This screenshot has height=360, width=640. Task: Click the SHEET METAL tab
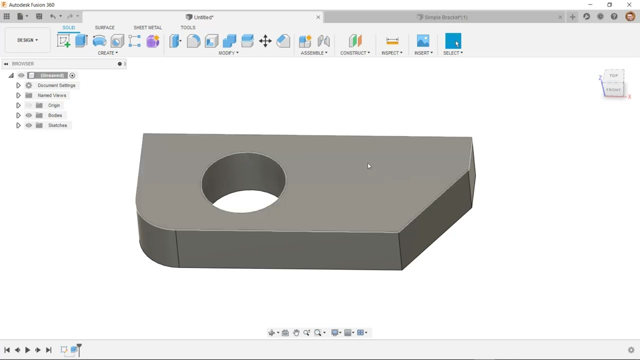click(x=147, y=27)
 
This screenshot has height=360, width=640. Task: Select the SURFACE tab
click(x=104, y=27)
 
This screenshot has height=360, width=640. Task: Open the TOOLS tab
click(x=187, y=27)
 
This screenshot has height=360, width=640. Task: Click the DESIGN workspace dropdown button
click(x=27, y=40)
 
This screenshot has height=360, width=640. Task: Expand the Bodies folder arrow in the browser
click(x=18, y=115)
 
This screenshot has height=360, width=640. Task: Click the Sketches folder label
click(x=57, y=125)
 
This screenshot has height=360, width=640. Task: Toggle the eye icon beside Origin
click(x=28, y=105)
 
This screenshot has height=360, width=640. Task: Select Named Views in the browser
click(x=51, y=95)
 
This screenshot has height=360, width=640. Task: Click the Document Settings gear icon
click(x=28, y=85)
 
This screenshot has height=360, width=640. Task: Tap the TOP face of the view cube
click(x=613, y=76)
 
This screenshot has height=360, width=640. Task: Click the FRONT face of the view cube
click(x=613, y=90)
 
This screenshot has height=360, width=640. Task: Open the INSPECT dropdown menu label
click(x=391, y=53)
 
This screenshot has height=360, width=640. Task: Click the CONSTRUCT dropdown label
click(x=355, y=53)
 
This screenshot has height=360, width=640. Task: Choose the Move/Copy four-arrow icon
click(x=265, y=41)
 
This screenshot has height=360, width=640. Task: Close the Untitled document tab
click(x=318, y=17)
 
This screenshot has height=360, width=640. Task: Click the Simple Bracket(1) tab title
click(x=445, y=17)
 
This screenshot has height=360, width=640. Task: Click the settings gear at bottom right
click(x=631, y=350)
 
